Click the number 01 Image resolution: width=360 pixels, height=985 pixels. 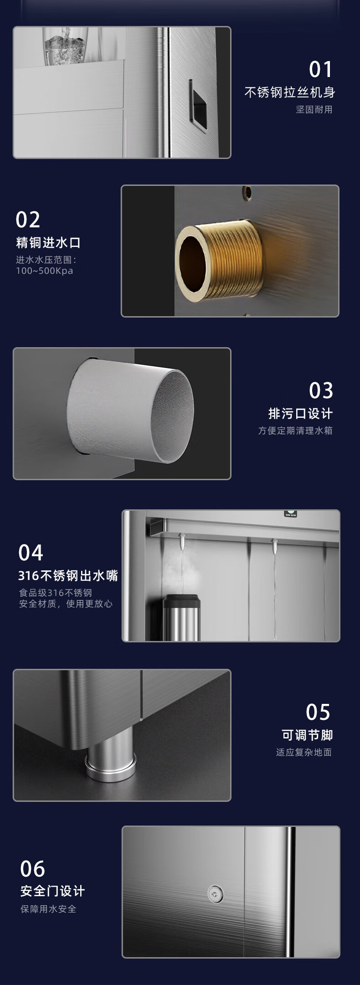tap(321, 70)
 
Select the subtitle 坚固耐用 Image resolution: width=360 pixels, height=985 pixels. tap(314, 109)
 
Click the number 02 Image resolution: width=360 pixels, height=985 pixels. tap(28, 220)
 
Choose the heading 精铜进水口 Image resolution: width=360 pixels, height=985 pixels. tap(48, 242)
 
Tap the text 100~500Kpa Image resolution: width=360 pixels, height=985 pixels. tap(45, 271)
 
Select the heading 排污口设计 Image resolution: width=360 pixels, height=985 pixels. tap(301, 414)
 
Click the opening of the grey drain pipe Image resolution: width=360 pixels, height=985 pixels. tap(172, 416)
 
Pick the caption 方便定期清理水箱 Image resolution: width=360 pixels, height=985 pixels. tap(295, 431)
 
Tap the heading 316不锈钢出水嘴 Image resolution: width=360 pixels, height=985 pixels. tap(68, 576)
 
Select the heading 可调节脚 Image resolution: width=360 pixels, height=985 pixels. tap(307, 735)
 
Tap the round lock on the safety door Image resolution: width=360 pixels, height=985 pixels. tap(215, 894)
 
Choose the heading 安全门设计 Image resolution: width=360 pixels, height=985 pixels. tap(52, 891)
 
